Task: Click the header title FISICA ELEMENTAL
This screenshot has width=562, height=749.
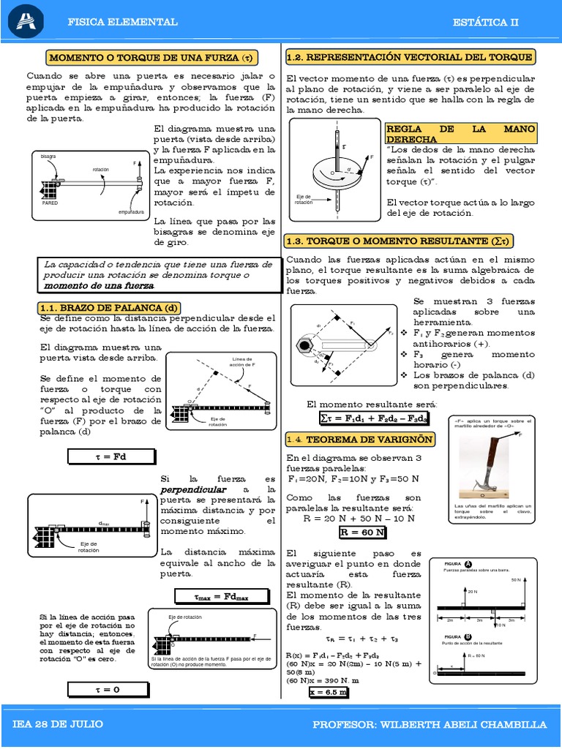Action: point(122,22)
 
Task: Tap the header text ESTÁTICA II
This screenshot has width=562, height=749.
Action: point(485,22)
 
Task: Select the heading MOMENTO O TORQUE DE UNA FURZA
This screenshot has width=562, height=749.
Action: point(154,57)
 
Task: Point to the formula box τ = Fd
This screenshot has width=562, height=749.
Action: point(110,456)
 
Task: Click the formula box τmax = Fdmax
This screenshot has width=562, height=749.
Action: point(221,596)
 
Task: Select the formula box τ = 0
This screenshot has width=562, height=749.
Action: point(110,688)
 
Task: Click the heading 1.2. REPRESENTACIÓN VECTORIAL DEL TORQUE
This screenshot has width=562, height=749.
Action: point(410,57)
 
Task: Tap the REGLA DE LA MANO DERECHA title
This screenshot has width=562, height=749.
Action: point(460,133)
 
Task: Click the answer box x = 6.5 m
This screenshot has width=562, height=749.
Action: point(328,690)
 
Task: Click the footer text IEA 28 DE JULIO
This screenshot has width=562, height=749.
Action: point(58,724)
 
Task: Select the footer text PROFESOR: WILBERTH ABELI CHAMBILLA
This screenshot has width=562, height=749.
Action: point(429,724)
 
